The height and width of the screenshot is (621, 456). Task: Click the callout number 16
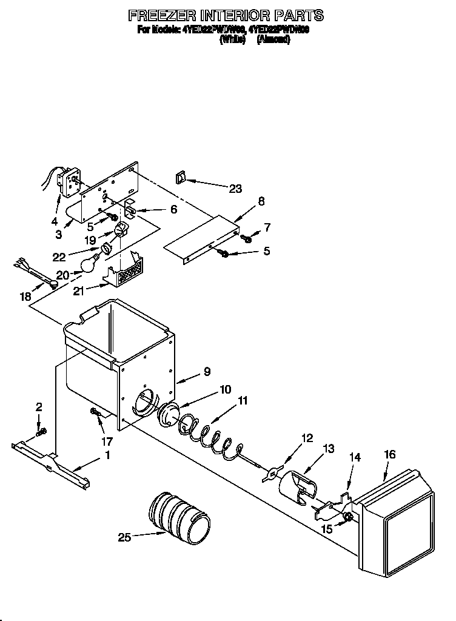pos(389,454)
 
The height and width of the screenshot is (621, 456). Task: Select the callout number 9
pos(207,372)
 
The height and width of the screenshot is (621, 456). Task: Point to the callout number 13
pos(328,449)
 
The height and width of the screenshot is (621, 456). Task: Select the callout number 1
pos(108,455)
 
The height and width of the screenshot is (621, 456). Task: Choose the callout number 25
pos(124,537)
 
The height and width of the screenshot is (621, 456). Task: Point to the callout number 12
pos(307,437)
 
